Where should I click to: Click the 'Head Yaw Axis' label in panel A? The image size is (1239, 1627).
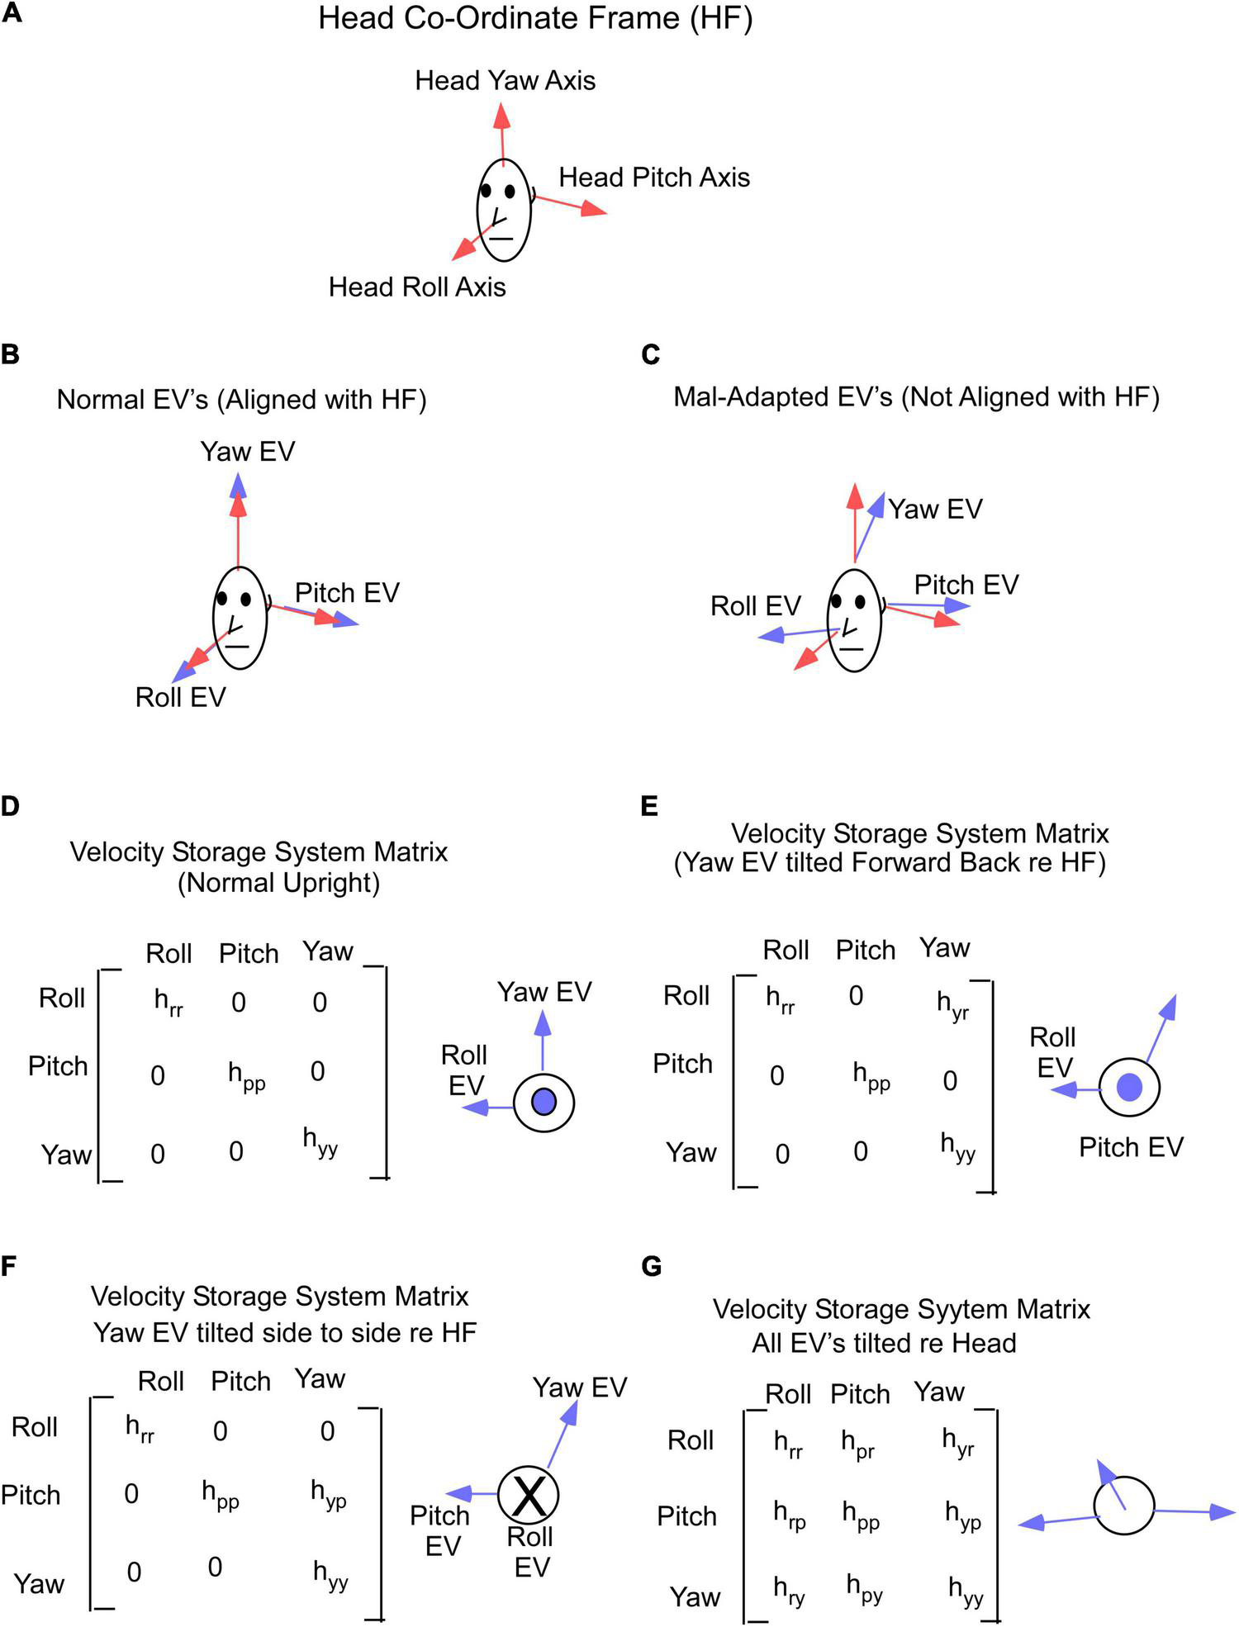[505, 80]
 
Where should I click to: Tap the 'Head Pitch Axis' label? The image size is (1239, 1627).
[654, 177]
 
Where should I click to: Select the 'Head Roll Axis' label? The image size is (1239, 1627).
[417, 287]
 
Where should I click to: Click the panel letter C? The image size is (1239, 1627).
[650, 354]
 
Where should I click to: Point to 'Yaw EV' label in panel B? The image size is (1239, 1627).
[247, 451]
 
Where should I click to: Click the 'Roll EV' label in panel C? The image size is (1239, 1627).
[755, 605]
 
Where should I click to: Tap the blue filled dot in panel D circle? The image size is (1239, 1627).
[544, 1102]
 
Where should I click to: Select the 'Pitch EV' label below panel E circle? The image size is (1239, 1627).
[1131, 1147]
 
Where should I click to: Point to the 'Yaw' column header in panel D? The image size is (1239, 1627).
[327, 951]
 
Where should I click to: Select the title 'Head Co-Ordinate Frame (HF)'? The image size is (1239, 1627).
[535, 18]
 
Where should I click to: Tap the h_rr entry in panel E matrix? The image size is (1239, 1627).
[780, 1000]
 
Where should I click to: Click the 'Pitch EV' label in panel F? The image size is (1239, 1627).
[440, 1530]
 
